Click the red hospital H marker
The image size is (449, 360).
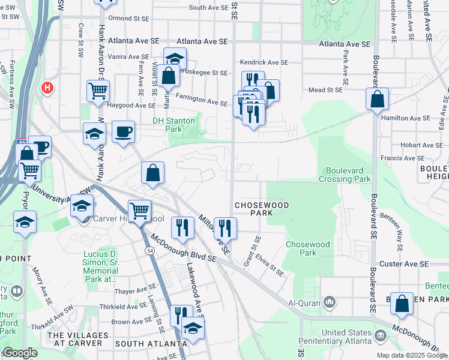coord(47,88)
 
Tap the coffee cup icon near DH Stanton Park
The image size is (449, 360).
coord(123,132)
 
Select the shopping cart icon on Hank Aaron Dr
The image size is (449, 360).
coord(98,91)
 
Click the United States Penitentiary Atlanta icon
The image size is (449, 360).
coord(379,334)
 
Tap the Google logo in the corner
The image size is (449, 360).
coord(20,353)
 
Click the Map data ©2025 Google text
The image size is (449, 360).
coord(412,355)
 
